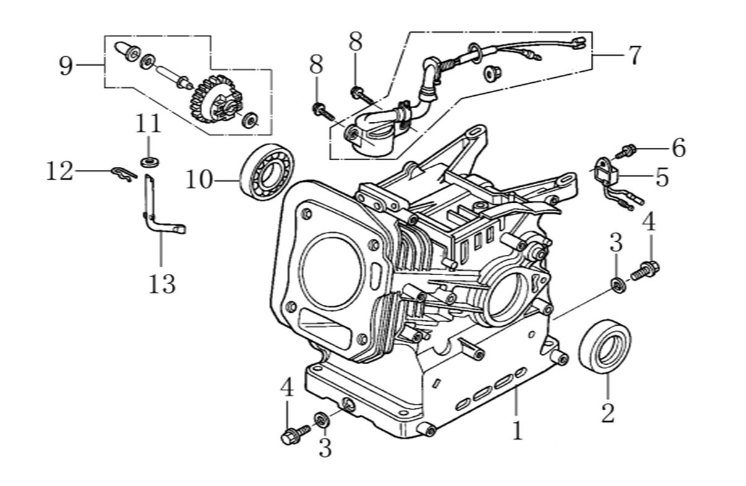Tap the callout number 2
[x=608, y=412]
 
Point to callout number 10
[x=199, y=180]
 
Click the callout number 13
[x=161, y=283]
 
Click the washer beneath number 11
[x=149, y=162]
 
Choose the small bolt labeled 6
[x=627, y=150]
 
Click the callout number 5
[x=662, y=177]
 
